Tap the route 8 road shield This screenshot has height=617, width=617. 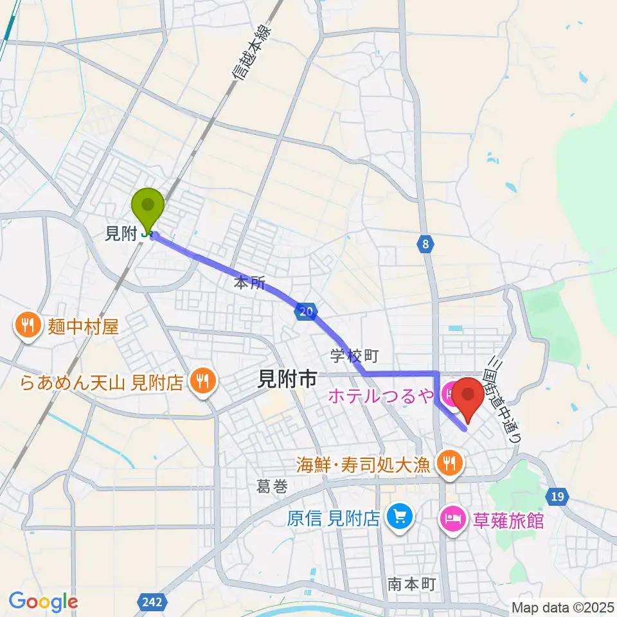pos(425,244)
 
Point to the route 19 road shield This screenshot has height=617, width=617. pos(558,496)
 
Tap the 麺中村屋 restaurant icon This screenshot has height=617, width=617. pos(27,326)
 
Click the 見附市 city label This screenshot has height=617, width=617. pos(286,380)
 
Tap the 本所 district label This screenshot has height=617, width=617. pos(249,283)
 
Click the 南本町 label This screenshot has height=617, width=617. pos(412,584)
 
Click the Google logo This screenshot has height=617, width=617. pos(43,602)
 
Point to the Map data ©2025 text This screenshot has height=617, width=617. pos(563,607)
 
